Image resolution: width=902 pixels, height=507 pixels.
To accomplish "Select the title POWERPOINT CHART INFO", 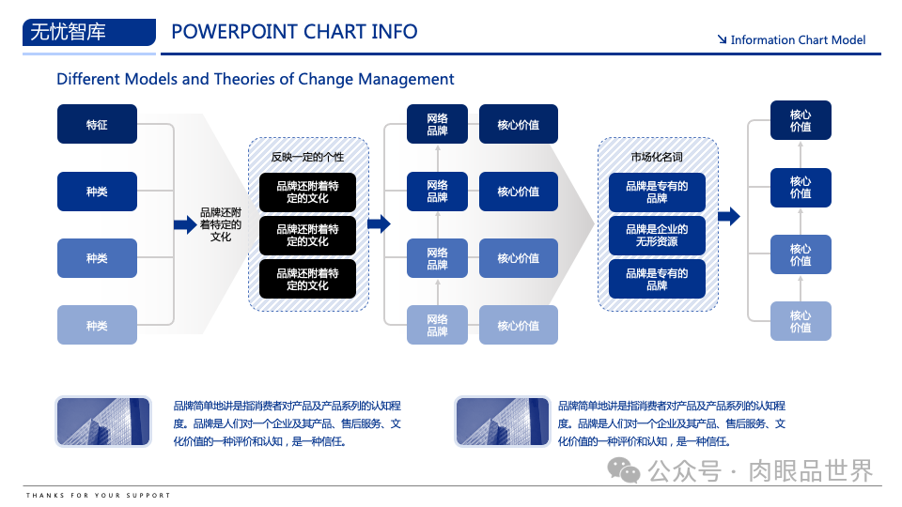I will click(294, 31).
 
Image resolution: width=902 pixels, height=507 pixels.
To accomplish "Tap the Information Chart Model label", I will click(798, 39).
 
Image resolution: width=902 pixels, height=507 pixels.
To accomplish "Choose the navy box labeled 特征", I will click(97, 124).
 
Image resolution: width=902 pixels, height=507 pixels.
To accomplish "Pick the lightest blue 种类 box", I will click(97, 325).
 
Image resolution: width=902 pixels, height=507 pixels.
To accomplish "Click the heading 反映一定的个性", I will click(307, 157).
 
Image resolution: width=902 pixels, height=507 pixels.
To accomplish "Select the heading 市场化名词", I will click(657, 157).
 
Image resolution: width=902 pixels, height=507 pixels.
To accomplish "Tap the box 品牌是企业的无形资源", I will click(657, 236).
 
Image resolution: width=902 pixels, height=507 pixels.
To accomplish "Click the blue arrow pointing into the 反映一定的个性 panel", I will click(185, 224).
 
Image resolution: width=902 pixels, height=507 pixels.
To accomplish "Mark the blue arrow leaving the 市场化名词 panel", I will click(728, 217).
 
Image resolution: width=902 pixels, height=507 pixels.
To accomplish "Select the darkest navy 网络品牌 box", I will click(437, 124).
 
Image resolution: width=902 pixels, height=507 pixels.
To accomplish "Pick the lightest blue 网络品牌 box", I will click(437, 325).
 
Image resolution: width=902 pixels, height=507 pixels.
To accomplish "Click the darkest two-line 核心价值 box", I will click(801, 120).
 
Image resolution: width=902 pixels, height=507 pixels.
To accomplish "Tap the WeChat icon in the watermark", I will click(621, 469).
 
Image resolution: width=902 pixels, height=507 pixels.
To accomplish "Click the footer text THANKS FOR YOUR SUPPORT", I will click(99, 495).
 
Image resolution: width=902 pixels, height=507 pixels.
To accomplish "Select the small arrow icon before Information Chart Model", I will click(722, 39).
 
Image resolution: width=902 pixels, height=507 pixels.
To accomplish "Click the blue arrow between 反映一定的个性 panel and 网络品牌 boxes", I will click(379, 223).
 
